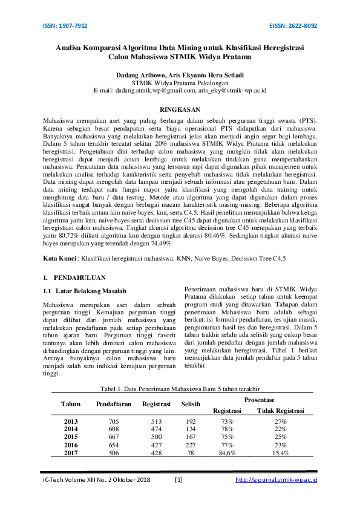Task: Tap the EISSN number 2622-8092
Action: [x=303, y=26]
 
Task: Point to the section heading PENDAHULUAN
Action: [x=79, y=277]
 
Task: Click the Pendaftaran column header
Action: [x=114, y=404]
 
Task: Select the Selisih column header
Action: [x=191, y=404]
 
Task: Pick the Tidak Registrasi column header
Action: [x=281, y=410]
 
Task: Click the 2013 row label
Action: [x=71, y=421]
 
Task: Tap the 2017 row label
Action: [x=71, y=452]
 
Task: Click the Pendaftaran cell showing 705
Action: [x=114, y=421]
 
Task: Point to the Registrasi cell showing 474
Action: [x=155, y=429]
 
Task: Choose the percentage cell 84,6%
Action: [x=227, y=452]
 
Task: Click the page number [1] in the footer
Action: [x=178, y=480]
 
